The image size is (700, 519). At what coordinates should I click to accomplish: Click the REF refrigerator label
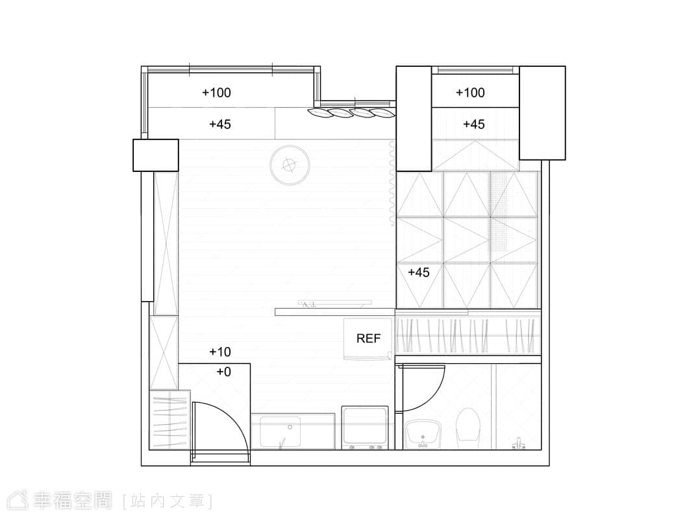coord(368,339)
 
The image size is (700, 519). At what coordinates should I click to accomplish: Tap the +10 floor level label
coord(220,352)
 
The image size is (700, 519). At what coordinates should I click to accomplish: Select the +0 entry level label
coord(223,372)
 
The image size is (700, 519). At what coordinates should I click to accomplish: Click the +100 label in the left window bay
coord(216,93)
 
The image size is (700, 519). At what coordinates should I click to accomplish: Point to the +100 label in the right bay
coord(470,93)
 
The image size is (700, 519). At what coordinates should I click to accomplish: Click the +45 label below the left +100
coord(220,124)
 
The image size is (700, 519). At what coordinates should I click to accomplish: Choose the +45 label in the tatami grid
coord(419,272)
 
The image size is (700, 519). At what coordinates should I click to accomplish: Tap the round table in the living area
coord(290,165)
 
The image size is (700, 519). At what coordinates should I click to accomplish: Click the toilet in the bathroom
coord(468,425)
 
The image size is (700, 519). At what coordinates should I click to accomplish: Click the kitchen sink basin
coord(281,431)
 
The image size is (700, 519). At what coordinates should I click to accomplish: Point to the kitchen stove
coord(365,427)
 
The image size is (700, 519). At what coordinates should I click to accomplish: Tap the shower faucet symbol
coord(518,444)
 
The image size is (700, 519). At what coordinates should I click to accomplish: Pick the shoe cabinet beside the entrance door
coord(169,420)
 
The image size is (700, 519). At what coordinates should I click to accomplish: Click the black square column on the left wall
coord(156,155)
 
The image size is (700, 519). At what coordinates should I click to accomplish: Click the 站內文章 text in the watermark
coord(167,501)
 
